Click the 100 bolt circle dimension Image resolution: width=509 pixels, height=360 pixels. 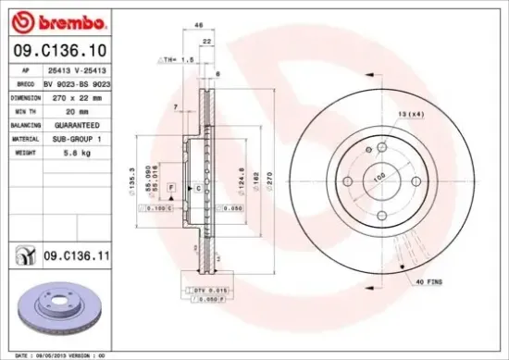tap(379, 175)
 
